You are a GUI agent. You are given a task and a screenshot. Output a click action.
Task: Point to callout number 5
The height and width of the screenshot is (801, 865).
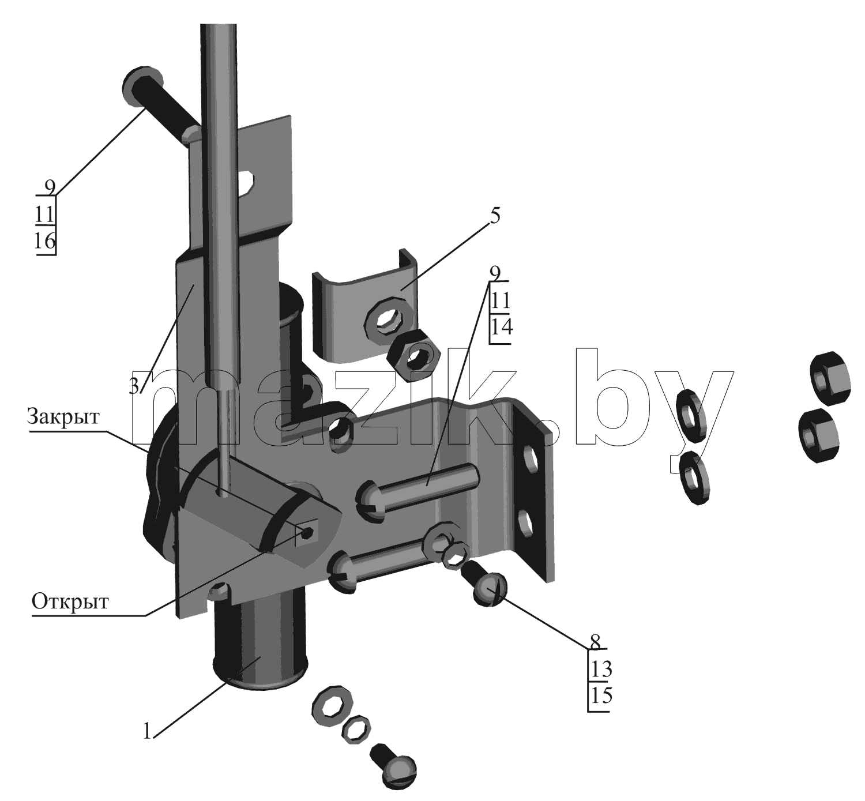[495, 216]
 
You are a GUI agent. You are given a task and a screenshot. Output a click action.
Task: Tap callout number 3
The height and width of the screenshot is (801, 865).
[134, 386]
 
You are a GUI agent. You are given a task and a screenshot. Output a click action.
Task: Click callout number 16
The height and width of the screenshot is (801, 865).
[45, 240]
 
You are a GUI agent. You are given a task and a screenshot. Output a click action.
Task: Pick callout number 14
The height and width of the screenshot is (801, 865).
[501, 326]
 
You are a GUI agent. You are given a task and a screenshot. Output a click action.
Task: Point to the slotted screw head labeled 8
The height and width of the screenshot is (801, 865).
[490, 590]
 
